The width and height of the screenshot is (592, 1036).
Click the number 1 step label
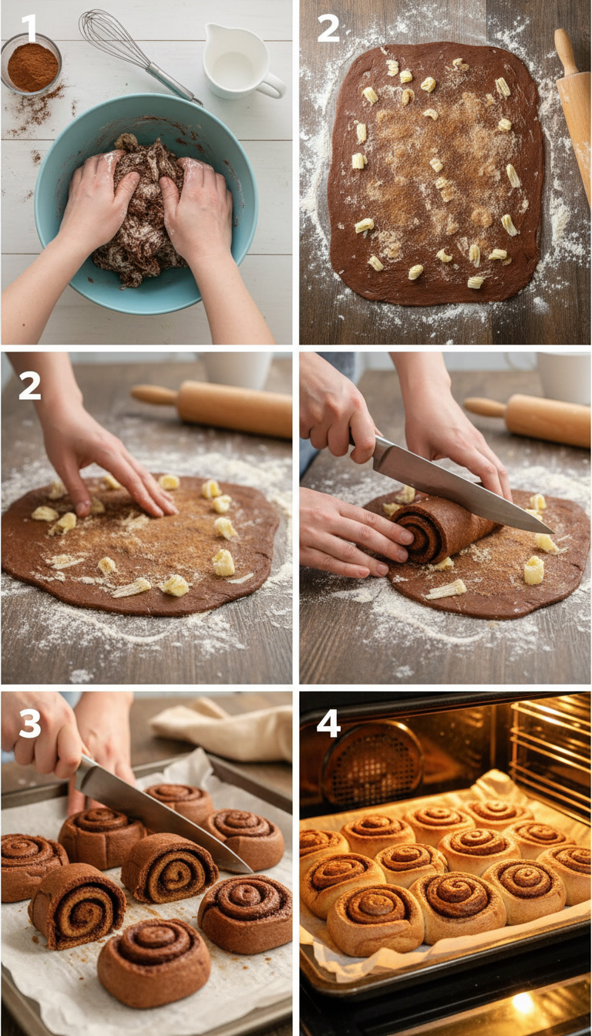tap(29, 29)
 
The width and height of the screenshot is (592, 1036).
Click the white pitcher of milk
tap(238, 61)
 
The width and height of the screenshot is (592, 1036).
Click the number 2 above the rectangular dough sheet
tap(328, 29)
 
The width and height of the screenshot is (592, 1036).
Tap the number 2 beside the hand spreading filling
tap(29, 385)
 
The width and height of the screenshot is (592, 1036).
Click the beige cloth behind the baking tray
tap(224, 728)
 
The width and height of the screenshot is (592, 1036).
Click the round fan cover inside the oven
tap(372, 763)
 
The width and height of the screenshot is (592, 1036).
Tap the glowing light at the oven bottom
tap(523, 1001)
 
